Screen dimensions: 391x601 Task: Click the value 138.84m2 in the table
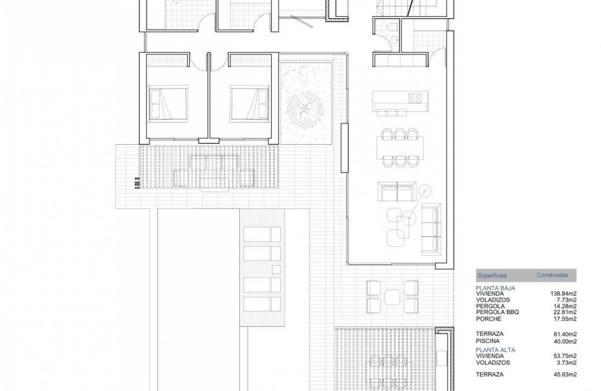tap(564, 294)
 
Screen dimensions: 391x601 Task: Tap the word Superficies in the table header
tap(492, 276)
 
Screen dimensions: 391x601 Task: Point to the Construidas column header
tap(552, 275)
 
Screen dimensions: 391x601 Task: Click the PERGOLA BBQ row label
tap(497, 312)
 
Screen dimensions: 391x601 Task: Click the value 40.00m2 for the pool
tap(566, 341)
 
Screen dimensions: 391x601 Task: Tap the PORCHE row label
tap(488, 319)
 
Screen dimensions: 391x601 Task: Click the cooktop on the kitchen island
tap(415, 98)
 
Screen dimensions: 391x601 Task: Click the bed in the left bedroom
tap(168, 102)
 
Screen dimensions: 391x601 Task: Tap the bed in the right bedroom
tap(250, 102)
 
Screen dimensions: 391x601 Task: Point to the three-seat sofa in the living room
tap(430, 229)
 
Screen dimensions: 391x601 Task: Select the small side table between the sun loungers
tap(276, 269)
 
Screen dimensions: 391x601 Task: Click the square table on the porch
tap(392, 297)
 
